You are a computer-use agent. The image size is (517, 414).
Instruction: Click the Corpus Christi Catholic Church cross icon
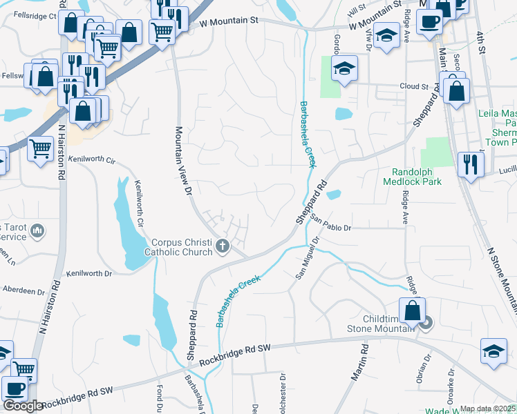[x=223, y=246]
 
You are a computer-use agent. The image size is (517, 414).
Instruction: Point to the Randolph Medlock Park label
[x=415, y=176]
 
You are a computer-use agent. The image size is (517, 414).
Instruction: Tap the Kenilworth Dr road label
[x=88, y=274]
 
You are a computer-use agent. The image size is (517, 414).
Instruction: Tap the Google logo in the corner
[x=23, y=406]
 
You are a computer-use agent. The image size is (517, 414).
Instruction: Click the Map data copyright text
[x=487, y=408]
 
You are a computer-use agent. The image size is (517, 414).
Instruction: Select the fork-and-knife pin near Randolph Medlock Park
[x=471, y=164]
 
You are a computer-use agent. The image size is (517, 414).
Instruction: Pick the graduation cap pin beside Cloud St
[x=344, y=69]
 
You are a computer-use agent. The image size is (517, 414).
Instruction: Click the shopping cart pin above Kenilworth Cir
[x=41, y=147]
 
